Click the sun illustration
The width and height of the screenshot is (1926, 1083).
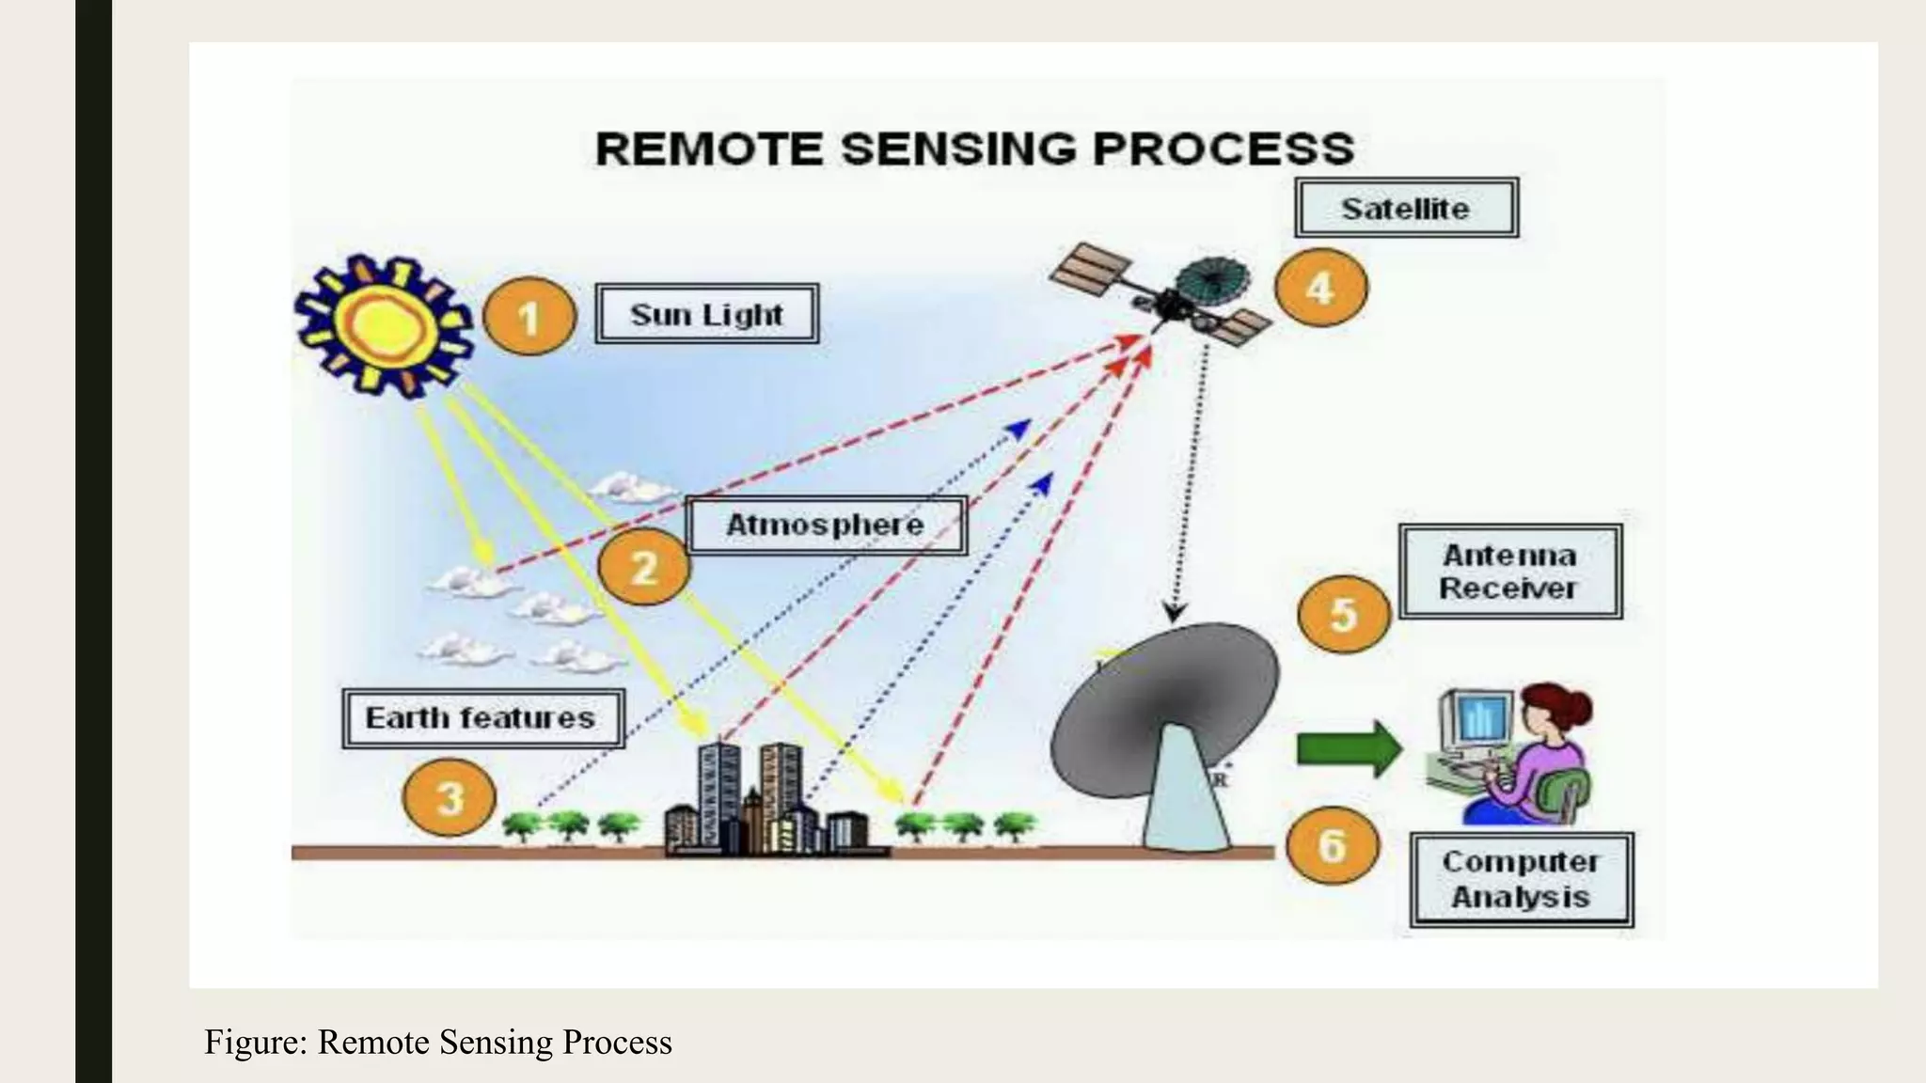click(384, 325)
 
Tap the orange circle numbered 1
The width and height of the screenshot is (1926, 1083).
click(529, 317)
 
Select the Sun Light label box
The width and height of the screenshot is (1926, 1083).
click(706, 314)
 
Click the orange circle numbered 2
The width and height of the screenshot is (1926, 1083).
click(643, 567)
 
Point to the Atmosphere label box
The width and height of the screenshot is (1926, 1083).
click(826, 525)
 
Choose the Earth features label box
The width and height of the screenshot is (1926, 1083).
click(481, 718)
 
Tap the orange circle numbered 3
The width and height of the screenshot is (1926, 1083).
click(450, 798)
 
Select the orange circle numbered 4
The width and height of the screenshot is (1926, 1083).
click(1320, 288)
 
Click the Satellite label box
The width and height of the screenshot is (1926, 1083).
click(1405, 208)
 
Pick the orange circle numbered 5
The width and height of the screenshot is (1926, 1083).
click(1343, 615)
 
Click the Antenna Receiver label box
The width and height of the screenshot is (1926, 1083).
click(1509, 572)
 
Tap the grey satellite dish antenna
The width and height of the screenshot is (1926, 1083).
click(1166, 714)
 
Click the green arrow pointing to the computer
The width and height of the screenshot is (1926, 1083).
click(1349, 749)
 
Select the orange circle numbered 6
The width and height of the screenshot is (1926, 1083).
click(1332, 845)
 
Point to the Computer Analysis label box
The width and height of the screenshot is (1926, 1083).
click(1521, 879)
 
